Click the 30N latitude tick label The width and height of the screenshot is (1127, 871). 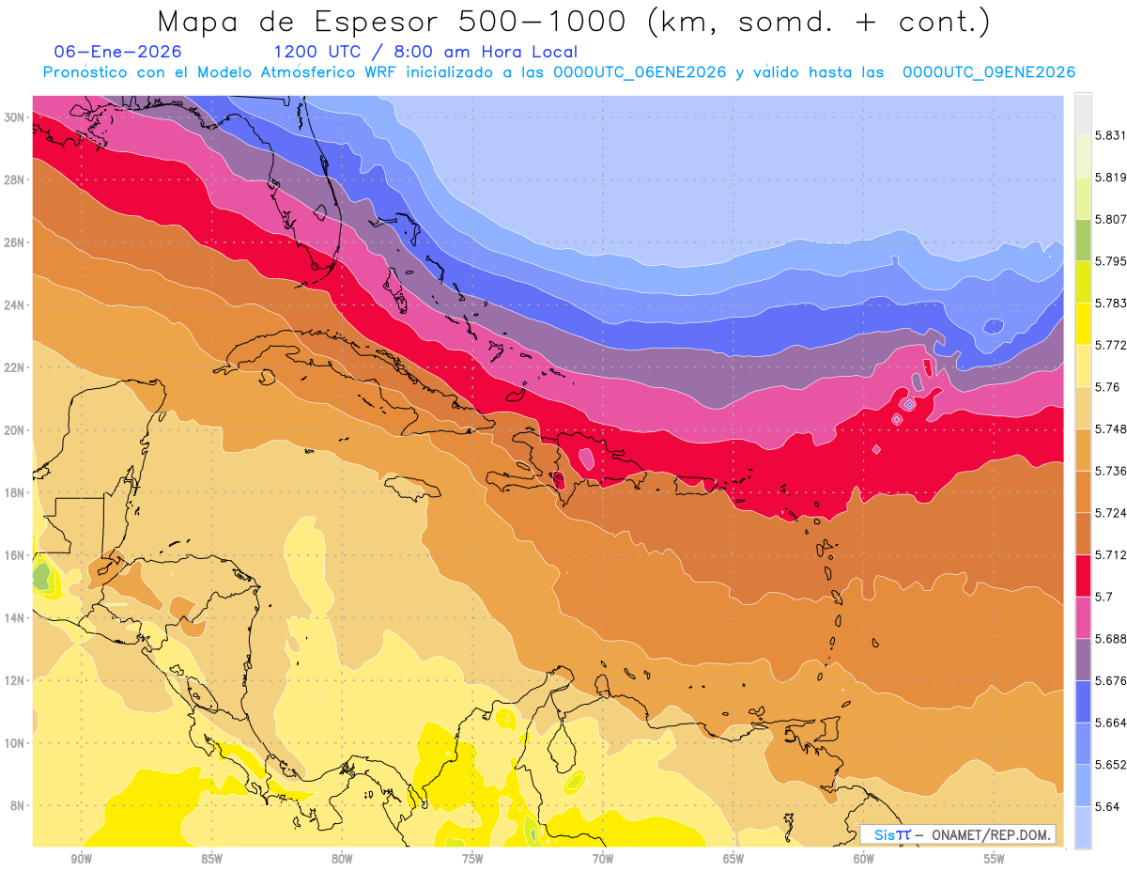coord(14,117)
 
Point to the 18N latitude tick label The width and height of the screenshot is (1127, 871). coord(14,492)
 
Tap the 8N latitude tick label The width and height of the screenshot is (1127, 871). coord(17,806)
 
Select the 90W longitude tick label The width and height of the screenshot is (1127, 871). coord(81,859)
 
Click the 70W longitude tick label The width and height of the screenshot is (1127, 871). coord(603,859)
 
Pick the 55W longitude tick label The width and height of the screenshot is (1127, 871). coord(995,859)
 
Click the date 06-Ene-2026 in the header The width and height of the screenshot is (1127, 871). coord(118,52)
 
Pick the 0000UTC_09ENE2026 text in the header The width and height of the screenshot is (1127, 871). coord(988,72)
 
